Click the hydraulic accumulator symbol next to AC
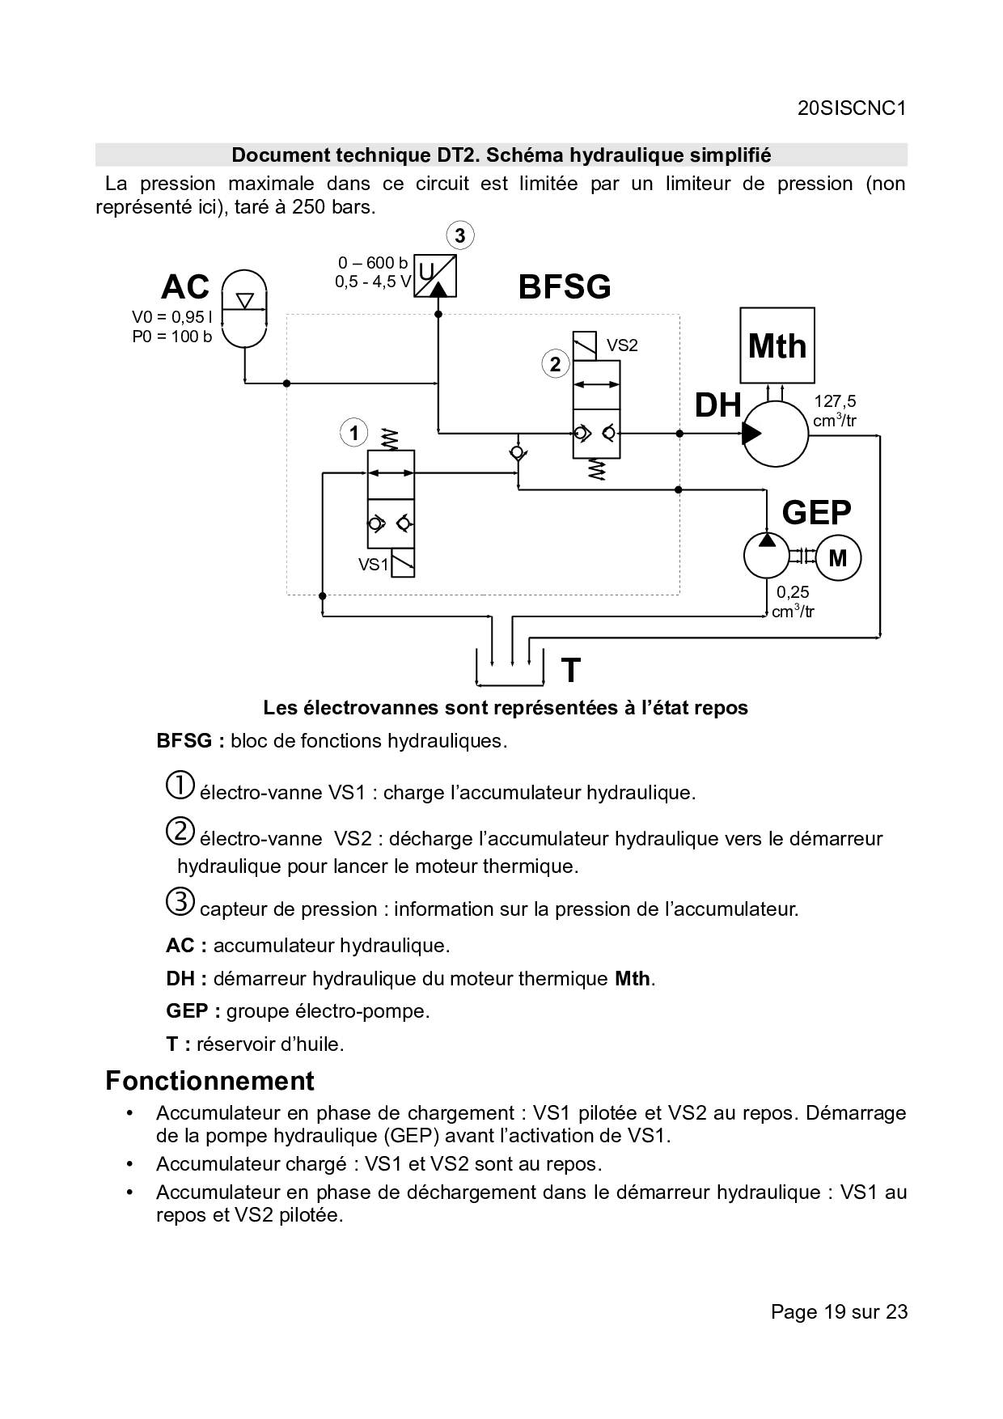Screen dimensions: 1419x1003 (243, 307)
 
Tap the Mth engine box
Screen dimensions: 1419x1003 (777, 345)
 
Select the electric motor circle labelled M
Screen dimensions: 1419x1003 (838, 557)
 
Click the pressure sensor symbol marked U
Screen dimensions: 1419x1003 (435, 277)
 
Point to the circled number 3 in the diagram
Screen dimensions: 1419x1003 (460, 236)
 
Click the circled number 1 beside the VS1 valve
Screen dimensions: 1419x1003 (353, 434)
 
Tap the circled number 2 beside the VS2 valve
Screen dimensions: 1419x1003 (555, 364)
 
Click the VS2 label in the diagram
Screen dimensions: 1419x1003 (622, 345)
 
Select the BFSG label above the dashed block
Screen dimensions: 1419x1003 (565, 287)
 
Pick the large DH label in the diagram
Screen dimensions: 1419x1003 (718, 405)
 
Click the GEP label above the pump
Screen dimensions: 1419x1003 (816, 512)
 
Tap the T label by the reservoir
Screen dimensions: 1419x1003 (570, 671)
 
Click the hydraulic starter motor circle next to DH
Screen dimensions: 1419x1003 (775, 434)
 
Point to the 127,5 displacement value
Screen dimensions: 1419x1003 (835, 401)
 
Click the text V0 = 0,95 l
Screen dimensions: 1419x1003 (172, 317)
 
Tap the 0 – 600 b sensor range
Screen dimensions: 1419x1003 (373, 263)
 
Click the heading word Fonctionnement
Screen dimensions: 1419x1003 (210, 1081)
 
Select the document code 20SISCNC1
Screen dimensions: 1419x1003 (851, 108)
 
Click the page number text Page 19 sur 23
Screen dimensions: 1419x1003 (839, 1311)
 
